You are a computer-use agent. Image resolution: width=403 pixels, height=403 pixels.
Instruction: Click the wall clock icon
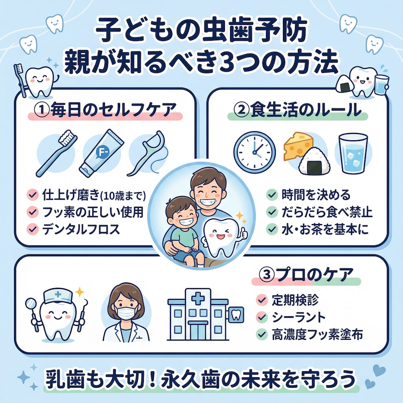[254, 152]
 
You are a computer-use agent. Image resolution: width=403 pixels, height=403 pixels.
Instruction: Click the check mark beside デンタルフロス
[33, 229]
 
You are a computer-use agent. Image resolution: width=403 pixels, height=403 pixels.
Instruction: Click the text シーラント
[298, 318]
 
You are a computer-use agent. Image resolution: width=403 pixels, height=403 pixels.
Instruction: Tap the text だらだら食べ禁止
[327, 212]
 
